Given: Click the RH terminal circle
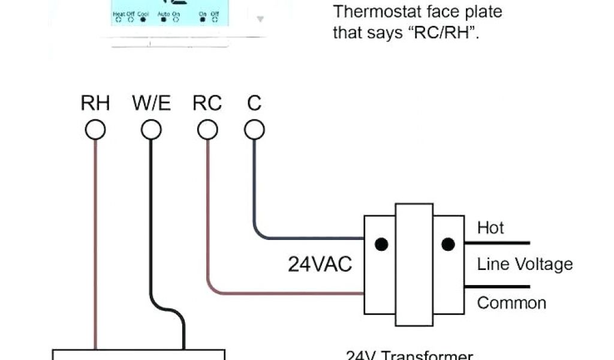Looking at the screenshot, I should (95, 130).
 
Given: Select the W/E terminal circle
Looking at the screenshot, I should (151, 130).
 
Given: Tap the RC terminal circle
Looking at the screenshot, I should (207, 130).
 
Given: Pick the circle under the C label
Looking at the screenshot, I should (254, 130).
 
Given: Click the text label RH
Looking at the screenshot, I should (95, 103).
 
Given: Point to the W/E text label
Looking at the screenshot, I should (151, 103).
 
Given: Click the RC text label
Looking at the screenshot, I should (207, 103).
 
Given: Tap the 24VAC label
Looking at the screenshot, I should (320, 265).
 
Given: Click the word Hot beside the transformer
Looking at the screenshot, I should (490, 228).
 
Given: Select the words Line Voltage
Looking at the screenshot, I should (525, 265).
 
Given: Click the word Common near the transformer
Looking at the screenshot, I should (511, 303).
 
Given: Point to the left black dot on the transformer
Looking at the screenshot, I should (381, 244).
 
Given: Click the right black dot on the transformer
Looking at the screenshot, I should (447, 244).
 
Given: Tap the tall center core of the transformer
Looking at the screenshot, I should (414, 264).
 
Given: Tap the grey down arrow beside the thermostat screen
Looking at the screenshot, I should (260, 19).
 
